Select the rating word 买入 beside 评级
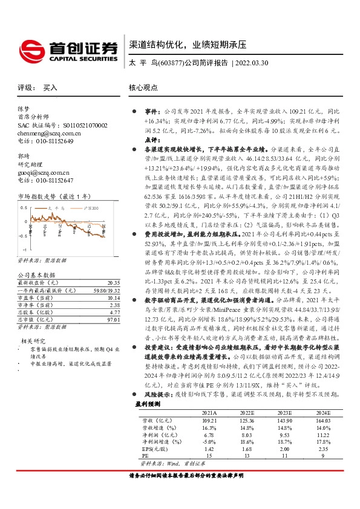tap(50, 87)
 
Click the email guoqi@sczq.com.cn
tap(38, 172)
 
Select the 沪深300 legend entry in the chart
tap(89, 207)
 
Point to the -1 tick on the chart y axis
tap(24, 249)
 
